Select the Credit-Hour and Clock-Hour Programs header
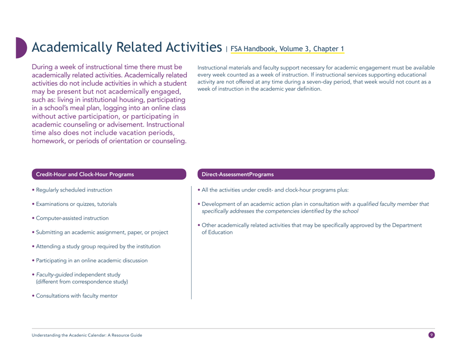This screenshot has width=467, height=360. [x=83, y=174]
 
